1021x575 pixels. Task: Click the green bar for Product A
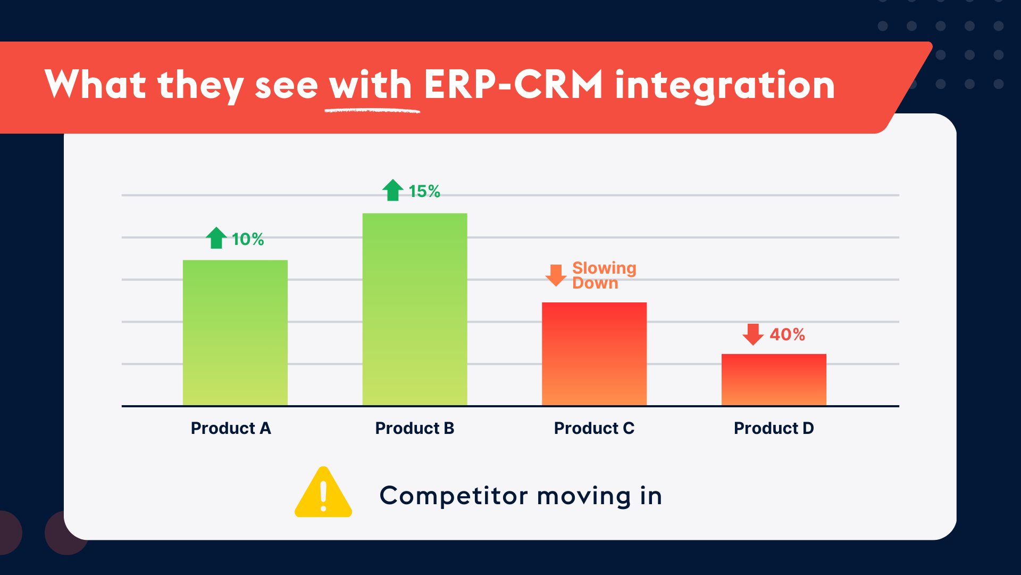click(x=235, y=333)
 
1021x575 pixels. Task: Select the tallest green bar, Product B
click(x=415, y=309)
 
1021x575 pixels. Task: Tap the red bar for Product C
click(x=594, y=354)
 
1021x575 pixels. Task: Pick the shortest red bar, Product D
click(x=774, y=380)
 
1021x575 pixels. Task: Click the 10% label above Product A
click(x=248, y=239)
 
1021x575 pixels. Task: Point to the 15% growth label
click(x=424, y=191)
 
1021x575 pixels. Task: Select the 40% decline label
click(x=787, y=334)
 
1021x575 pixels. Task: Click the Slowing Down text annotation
click(x=604, y=275)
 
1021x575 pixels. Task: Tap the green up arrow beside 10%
click(x=216, y=238)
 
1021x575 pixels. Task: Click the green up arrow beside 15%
click(x=393, y=190)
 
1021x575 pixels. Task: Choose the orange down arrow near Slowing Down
click(x=556, y=275)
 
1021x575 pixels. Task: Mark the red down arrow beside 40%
click(x=753, y=334)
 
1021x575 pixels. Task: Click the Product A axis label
click(x=231, y=428)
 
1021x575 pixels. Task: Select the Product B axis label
click(x=415, y=428)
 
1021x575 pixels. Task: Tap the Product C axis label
click(x=594, y=428)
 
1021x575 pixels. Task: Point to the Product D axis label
click(x=774, y=428)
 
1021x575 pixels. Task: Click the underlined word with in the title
click(x=371, y=85)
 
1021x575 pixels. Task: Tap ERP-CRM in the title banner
click(x=513, y=85)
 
